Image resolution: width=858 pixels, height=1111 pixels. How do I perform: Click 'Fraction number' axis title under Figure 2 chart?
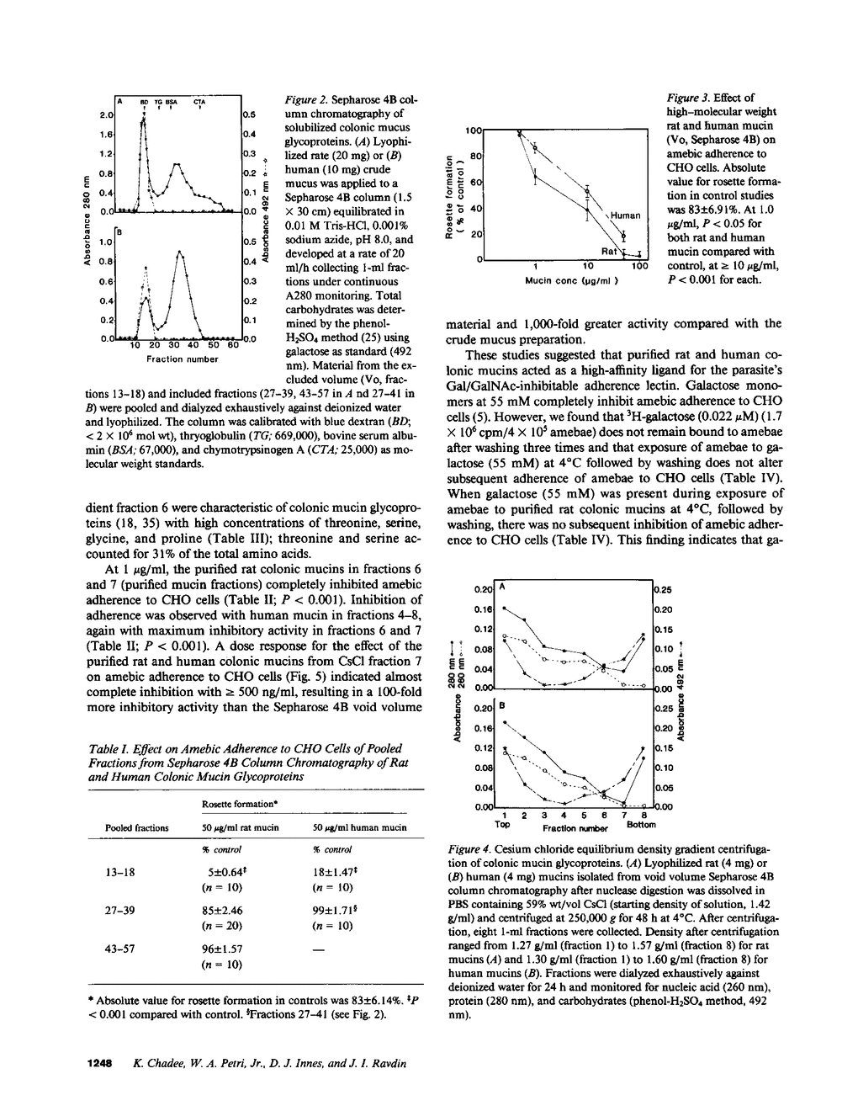coord(183,359)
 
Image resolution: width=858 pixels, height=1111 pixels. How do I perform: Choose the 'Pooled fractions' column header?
coord(136,827)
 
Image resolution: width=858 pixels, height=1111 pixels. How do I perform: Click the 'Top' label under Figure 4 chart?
coord(504,826)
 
